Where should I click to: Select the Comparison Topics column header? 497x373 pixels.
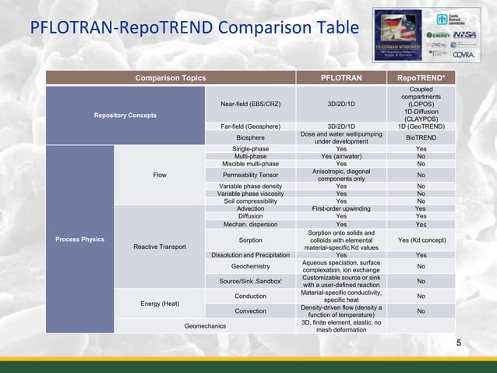coord(171,78)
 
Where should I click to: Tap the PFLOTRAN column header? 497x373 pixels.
coord(341,78)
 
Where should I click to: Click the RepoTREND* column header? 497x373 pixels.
coord(421,78)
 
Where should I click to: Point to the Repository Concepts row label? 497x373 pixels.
coord(125,115)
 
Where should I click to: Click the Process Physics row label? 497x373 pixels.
coord(79,239)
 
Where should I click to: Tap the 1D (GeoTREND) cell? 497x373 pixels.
coord(421,126)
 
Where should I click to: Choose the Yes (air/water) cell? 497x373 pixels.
coord(341,156)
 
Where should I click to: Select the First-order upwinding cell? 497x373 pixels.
coord(341,208)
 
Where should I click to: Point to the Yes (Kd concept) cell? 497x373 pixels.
coord(421,240)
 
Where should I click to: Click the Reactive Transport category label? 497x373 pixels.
coord(160,247)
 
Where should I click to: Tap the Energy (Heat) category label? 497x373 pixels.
coord(160,303)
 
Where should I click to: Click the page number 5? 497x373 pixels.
coord(458,343)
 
